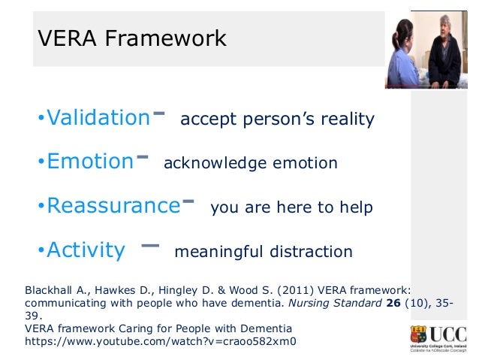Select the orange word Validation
click(98, 118)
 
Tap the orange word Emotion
click(89, 162)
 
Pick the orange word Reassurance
click(113, 206)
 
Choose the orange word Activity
click(86, 250)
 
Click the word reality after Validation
click(346, 120)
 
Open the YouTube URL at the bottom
click(161, 341)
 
